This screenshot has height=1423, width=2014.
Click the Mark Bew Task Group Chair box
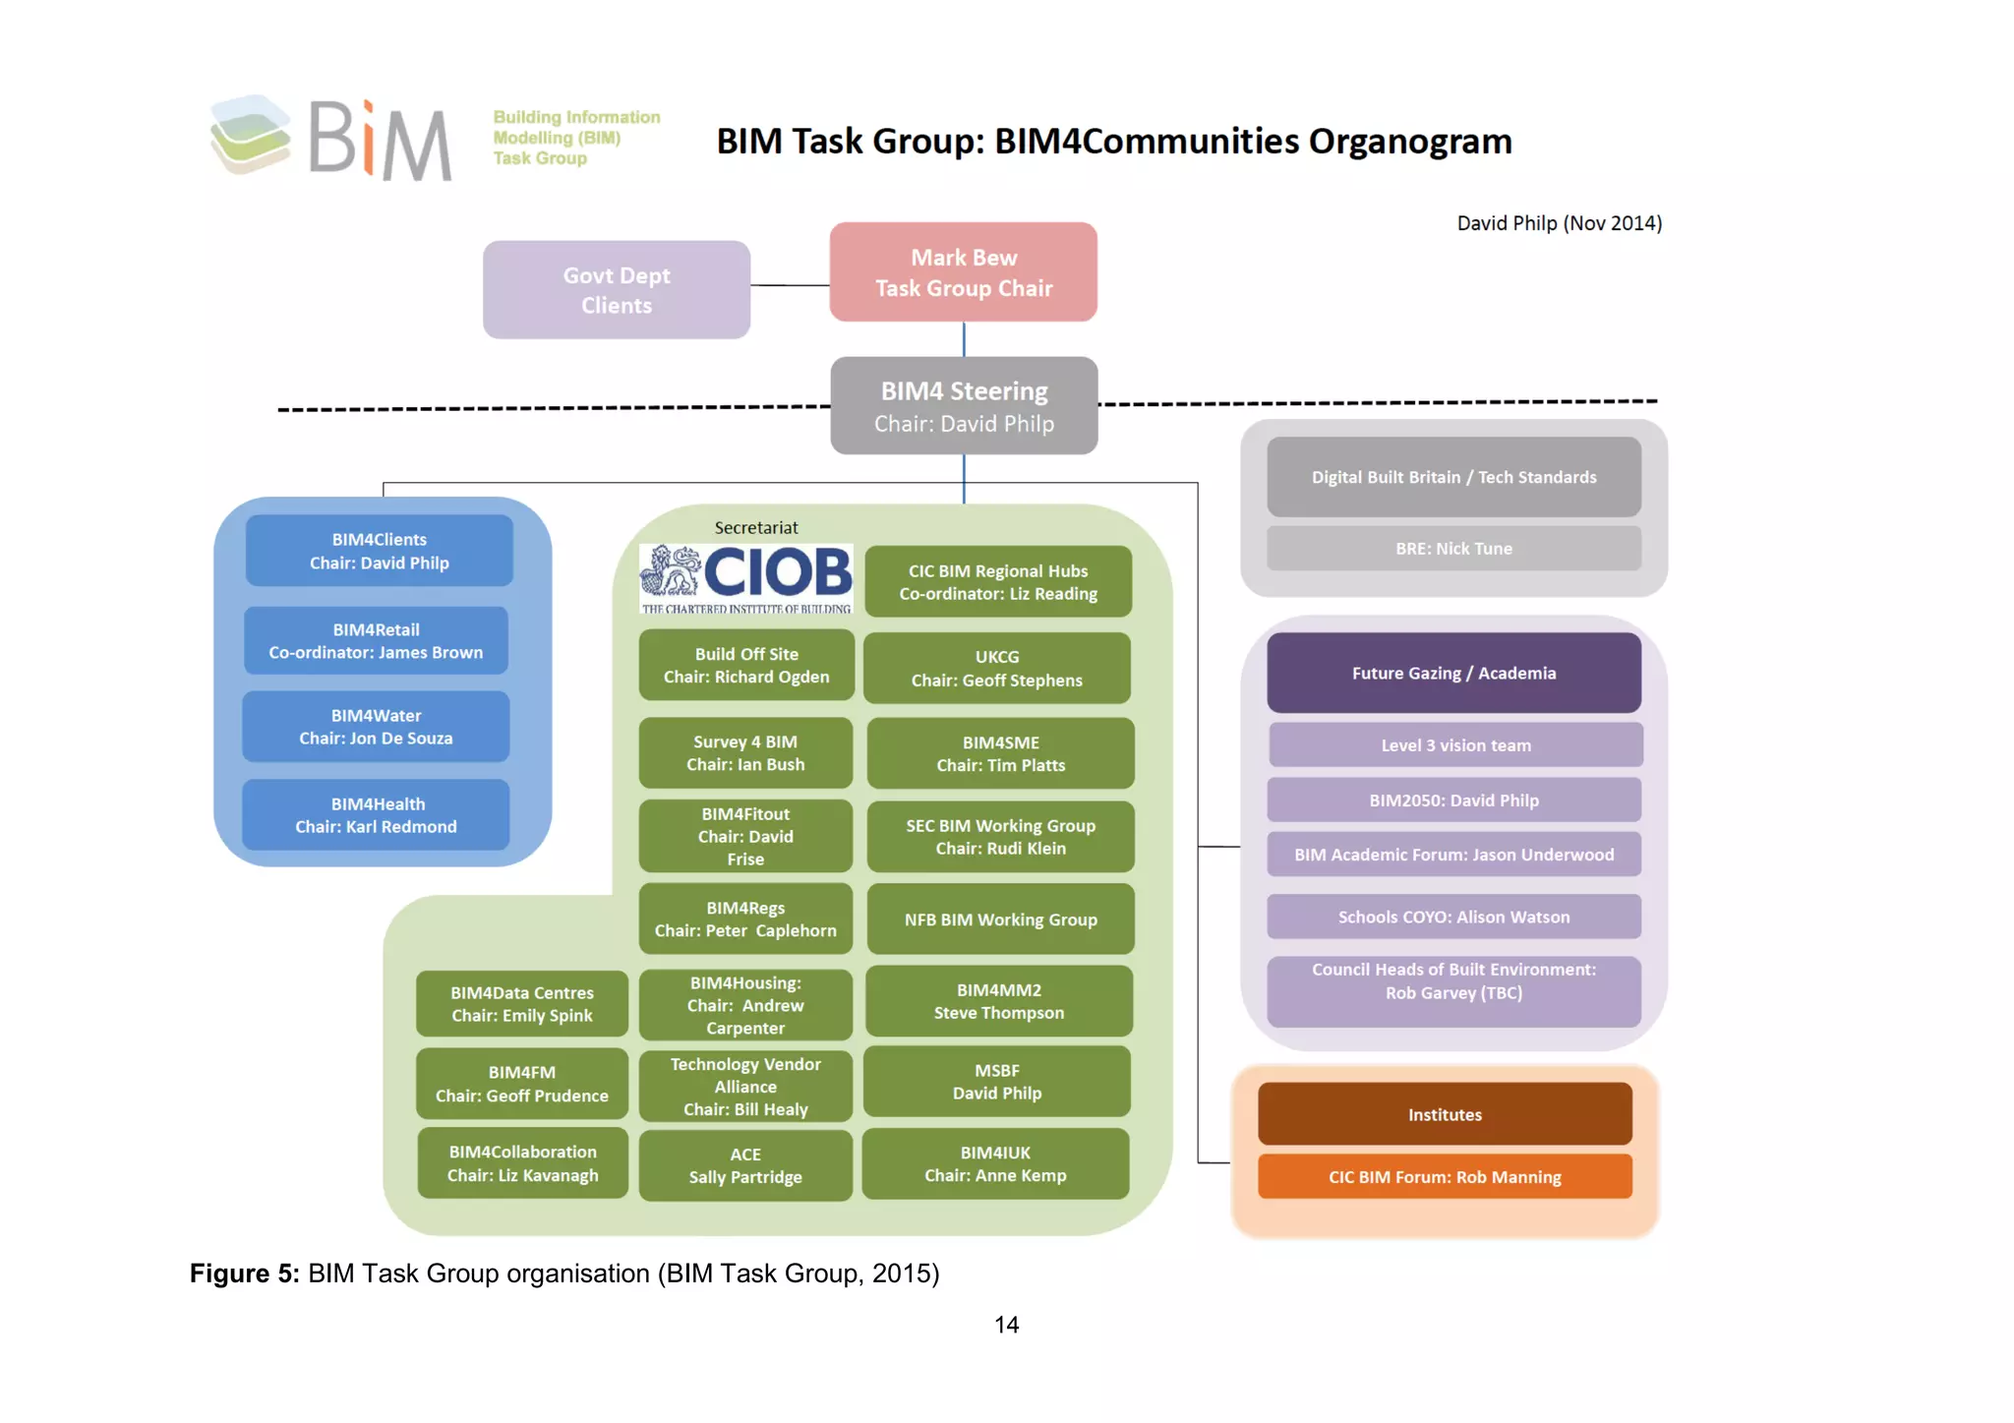(x=963, y=272)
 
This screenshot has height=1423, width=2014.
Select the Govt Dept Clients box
(x=617, y=290)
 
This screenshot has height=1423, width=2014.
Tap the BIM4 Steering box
(x=964, y=406)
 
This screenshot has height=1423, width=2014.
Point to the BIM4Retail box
(x=376, y=641)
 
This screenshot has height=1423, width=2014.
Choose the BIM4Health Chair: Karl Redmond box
(x=376, y=815)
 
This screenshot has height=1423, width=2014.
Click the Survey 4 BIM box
(x=745, y=753)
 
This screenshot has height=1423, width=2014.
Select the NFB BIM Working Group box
(x=1000, y=919)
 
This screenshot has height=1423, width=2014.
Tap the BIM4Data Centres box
(x=522, y=1004)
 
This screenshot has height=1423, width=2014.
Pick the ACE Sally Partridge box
(x=745, y=1165)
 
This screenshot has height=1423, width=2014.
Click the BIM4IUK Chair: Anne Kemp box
(x=995, y=1163)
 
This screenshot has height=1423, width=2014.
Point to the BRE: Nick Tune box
(x=1453, y=549)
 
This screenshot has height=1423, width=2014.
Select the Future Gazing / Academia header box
(x=1453, y=674)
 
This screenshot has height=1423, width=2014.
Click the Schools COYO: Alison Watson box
(x=1453, y=917)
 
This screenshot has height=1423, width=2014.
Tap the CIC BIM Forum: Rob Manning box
(x=1445, y=1177)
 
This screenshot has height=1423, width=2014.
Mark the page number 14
(x=1006, y=1325)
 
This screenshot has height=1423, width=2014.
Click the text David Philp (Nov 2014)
(x=1559, y=223)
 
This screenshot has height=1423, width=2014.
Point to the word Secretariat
(x=756, y=528)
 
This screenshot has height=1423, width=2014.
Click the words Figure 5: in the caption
(x=244, y=1274)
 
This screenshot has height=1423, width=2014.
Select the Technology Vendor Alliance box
(x=745, y=1087)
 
